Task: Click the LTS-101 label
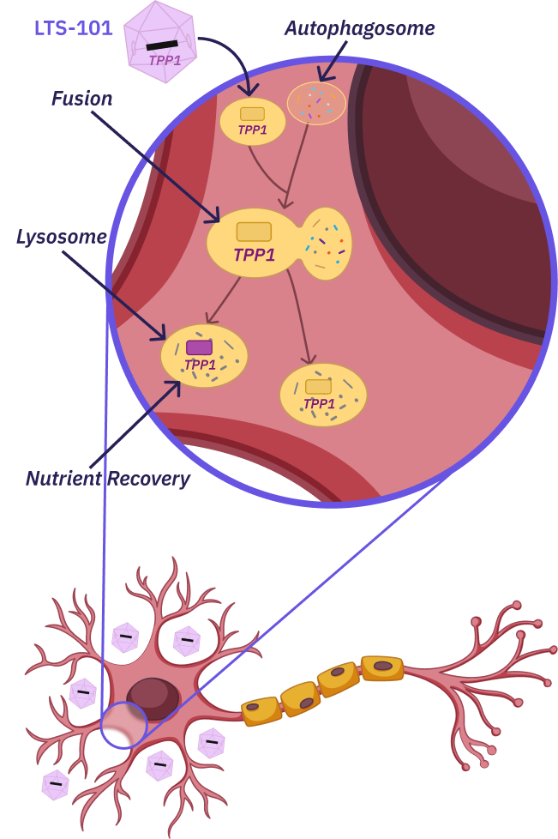74,28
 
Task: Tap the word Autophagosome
360,28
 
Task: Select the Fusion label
82,99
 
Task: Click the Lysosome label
61,237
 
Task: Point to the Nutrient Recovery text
108,479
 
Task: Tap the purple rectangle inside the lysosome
199,347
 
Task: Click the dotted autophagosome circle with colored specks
316,103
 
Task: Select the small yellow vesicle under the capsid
252,121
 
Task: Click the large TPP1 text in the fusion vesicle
254,255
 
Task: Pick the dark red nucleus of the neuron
153,697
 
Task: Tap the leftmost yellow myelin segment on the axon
261,711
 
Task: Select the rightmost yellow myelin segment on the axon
381,667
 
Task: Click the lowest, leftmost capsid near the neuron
56,784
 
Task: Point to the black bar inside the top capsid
162,45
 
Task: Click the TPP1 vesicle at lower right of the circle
322,395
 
